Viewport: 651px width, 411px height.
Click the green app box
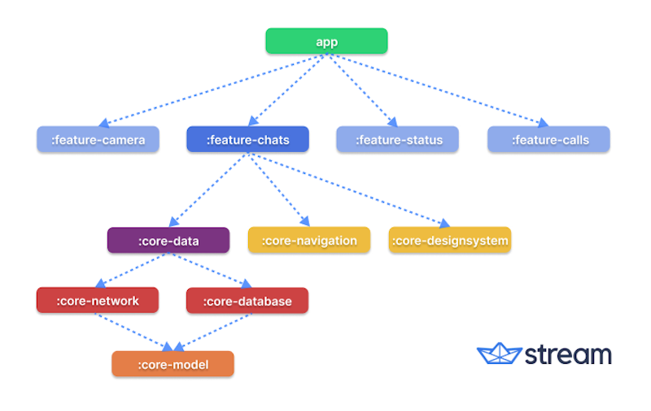(x=326, y=41)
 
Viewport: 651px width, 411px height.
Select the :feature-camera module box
(x=98, y=140)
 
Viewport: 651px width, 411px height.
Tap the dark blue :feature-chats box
(x=247, y=140)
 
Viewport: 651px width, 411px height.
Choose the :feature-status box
(x=398, y=140)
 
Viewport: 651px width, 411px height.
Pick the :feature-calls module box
(x=548, y=140)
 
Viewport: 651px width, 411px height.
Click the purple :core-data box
(x=168, y=240)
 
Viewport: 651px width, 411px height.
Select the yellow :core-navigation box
(x=309, y=240)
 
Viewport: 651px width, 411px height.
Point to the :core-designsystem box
(x=450, y=240)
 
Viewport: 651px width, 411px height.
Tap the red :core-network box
(x=98, y=301)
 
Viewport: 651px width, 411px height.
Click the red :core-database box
(x=247, y=301)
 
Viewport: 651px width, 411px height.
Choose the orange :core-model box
(x=173, y=364)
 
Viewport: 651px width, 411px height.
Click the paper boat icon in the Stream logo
(x=499, y=354)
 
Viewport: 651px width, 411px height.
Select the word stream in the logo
(x=568, y=355)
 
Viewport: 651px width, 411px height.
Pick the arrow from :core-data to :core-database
(x=208, y=270)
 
